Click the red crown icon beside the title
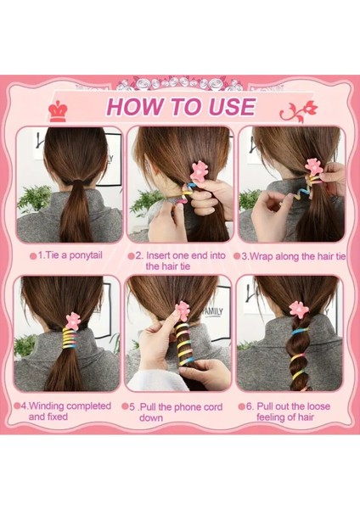pos(58,110)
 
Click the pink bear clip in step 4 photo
pos(72,321)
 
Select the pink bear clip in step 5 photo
pos(183,310)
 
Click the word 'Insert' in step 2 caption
pos(158,255)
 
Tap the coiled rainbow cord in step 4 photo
pos(69,338)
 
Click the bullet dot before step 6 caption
pos(241,406)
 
